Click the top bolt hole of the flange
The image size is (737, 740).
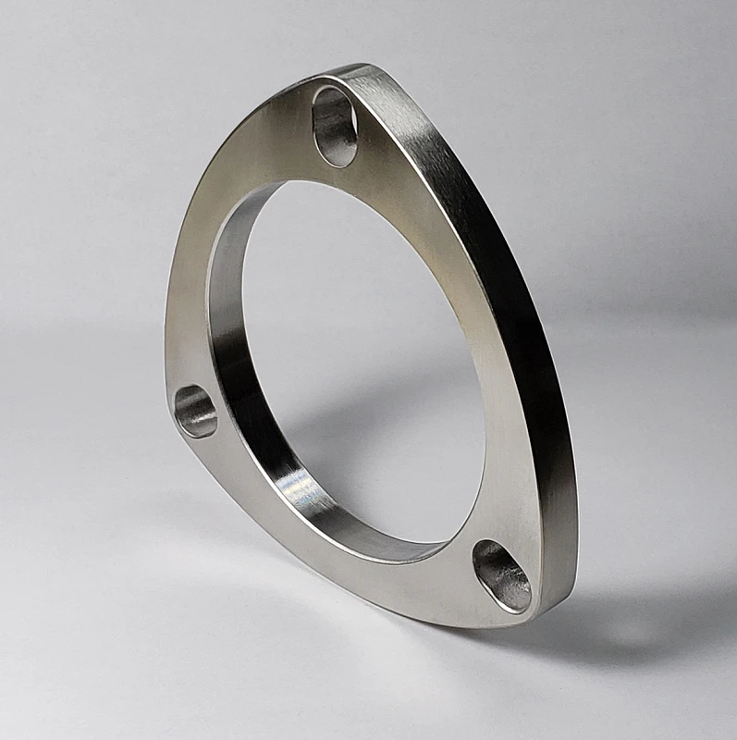[x=335, y=126]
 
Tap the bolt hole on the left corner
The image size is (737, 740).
[x=195, y=411]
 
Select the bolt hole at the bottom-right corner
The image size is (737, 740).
[x=501, y=575]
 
